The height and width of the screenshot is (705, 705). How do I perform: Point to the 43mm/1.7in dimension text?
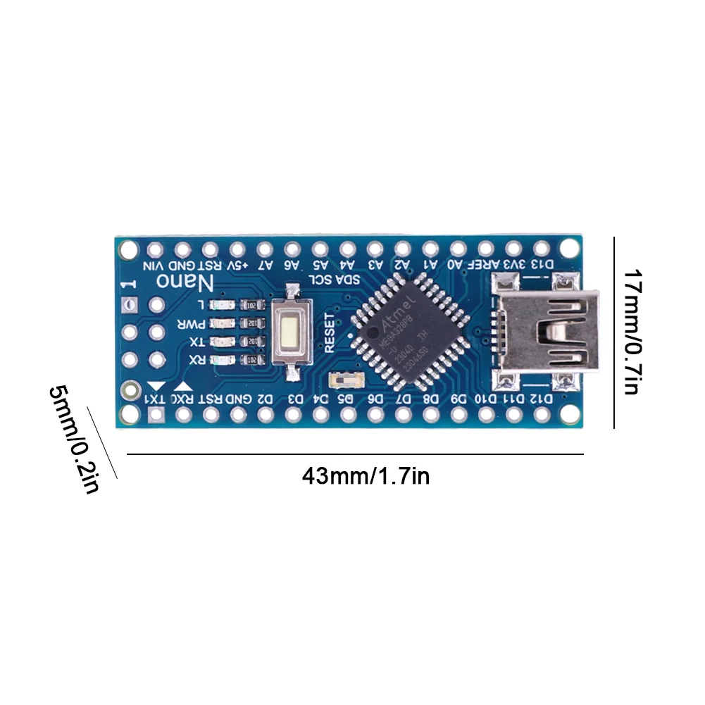(x=366, y=477)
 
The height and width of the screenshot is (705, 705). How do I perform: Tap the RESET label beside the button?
(x=328, y=334)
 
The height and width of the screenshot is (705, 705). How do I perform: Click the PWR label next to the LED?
(x=191, y=324)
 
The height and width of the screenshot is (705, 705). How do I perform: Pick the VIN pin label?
(x=154, y=266)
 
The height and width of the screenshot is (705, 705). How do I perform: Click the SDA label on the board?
(x=351, y=280)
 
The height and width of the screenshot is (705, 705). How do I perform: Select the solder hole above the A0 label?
(x=458, y=249)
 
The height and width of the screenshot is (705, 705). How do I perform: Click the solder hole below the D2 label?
(x=265, y=415)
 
